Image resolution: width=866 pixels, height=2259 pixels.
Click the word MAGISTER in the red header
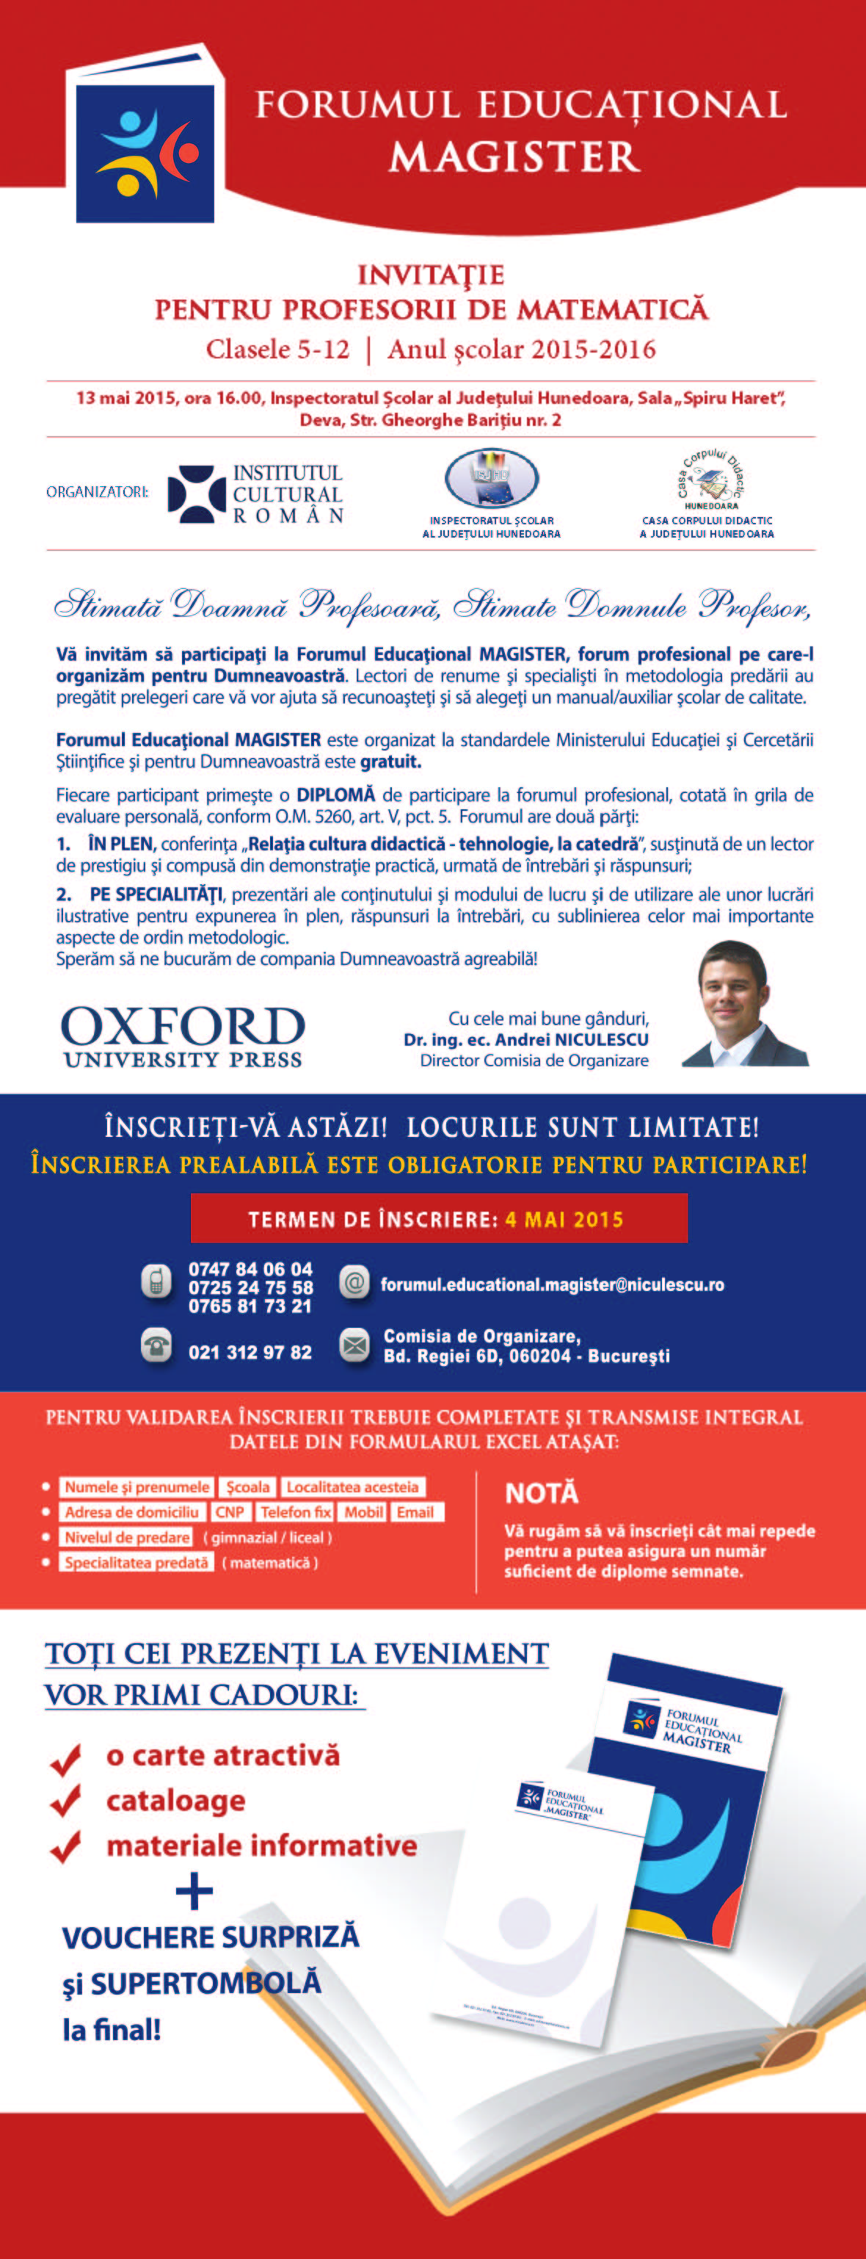point(514,157)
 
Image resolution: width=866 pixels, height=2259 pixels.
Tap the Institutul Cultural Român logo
point(255,494)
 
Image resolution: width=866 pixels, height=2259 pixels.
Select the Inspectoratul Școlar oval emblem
point(491,479)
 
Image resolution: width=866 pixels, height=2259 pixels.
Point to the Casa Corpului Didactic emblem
point(709,478)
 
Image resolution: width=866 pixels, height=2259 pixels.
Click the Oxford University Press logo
point(182,1035)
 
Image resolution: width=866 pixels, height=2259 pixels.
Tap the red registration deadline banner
point(438,1219)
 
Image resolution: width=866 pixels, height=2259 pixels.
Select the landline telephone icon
point(156,1345)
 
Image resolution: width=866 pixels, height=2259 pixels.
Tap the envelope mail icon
point(354,1345)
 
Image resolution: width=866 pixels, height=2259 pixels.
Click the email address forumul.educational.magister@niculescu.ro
point(552,1284)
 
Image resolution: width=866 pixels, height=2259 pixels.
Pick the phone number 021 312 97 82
point(250,1352)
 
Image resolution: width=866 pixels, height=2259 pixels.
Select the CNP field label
point(230,1512)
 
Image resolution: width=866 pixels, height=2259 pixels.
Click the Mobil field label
point(363,1512)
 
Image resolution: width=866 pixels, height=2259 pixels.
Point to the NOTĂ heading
point(542,1494)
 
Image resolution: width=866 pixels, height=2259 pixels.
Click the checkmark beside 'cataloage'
point(66,1801)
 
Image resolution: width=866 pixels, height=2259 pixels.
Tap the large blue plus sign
point(194,1893)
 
